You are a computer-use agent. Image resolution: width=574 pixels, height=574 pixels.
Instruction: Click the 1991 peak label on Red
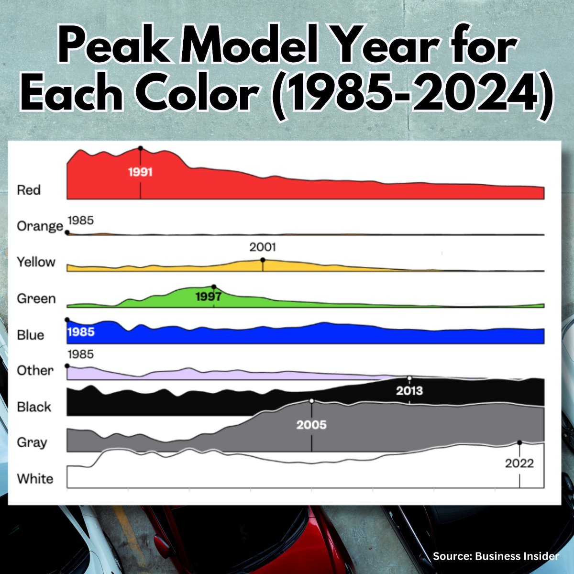coord(140,172)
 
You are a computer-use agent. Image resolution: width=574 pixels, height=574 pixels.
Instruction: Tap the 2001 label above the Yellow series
coord(263,247)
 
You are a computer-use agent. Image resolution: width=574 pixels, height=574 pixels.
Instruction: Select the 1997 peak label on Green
coord(209,297)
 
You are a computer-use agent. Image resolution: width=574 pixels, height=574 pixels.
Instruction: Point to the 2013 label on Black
coord(409,391)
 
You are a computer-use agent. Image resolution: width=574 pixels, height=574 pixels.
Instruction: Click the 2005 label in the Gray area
coord(311,425)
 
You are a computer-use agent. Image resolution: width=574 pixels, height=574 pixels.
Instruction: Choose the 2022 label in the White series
coord(519,464)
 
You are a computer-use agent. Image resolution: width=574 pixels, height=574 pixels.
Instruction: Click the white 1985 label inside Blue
coord(81,331)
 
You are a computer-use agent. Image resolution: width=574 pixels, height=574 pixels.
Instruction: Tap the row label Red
coord(29,190)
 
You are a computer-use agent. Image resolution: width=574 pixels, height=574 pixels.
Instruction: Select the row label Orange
coord(40,226)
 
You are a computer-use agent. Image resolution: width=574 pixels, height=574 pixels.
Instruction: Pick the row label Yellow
coord(36,262)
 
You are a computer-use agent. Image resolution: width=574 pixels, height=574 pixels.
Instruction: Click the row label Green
coord(36,299)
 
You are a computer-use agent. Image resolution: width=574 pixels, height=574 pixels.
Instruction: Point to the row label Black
coord(34,407)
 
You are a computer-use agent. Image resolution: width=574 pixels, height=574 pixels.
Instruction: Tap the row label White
coord(35,479)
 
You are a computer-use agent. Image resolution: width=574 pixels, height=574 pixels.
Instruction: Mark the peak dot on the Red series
coord(140,148)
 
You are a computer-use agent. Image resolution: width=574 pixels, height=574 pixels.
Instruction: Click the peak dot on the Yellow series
coord(263,260)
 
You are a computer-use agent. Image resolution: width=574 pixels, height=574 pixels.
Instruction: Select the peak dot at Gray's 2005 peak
coord(311,401)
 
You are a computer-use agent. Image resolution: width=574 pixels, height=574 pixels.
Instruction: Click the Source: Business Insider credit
coord(496,556)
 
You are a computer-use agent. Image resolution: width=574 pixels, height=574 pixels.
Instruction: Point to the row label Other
coord(35,371)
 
